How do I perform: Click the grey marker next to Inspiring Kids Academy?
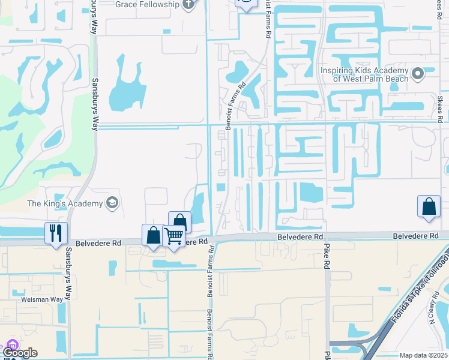pyautogui.click(x=418, y=74)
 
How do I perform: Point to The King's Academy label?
pyautogui.click(x=65, y=203)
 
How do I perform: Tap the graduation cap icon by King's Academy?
pyautogui.click(x=111, y=203)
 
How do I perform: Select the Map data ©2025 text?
pyautogui.click(x=424, y=355)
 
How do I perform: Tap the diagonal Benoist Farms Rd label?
pyautogui.click(x=236, y=106)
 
